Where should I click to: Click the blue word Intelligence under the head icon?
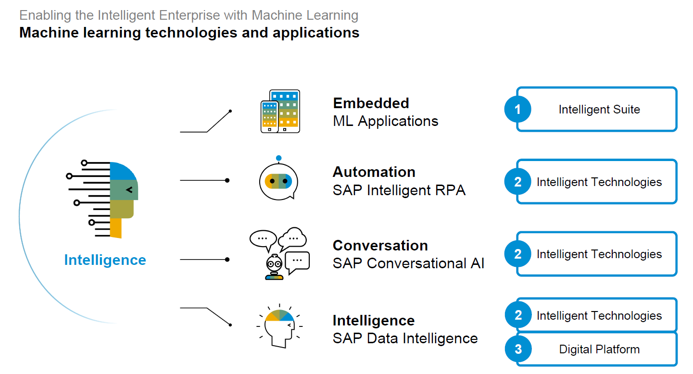105,260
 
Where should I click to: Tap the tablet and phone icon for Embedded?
280,111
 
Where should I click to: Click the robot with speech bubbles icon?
279,254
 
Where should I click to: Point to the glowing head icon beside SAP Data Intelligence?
279,325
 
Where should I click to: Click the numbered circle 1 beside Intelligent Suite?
517,110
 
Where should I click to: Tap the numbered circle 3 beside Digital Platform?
518,349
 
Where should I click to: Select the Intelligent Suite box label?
599,110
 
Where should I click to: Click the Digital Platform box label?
599,349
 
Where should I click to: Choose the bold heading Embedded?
371,103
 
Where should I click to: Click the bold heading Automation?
374,172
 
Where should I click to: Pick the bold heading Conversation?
380,245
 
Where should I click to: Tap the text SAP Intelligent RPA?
399,190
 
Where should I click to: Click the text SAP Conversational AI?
408,263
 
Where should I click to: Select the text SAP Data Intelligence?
405,338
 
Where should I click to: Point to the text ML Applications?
385,121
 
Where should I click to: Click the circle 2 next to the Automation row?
517,182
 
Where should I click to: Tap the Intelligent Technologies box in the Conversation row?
599,254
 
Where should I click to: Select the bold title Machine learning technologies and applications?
189,33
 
